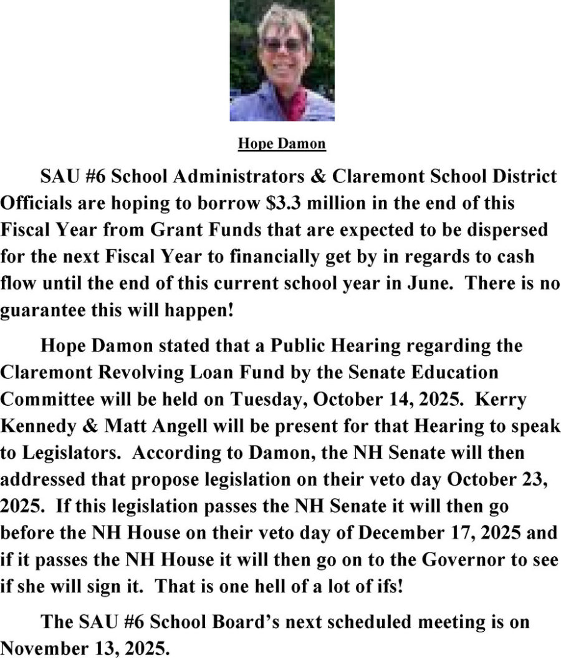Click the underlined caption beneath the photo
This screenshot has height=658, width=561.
click(282, 144)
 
